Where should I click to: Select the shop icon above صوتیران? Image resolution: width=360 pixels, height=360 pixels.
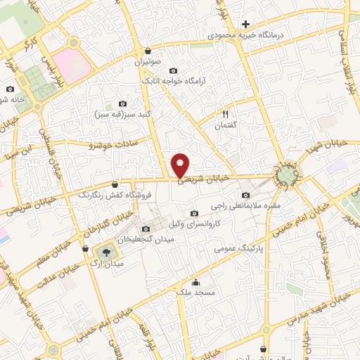pos(148,51)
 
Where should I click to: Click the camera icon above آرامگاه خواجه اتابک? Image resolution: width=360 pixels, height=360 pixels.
pos(173,70)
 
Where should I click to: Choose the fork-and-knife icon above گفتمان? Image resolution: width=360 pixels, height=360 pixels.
pos(226,112)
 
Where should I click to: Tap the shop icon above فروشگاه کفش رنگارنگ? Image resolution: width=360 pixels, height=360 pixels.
pos(115,183)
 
